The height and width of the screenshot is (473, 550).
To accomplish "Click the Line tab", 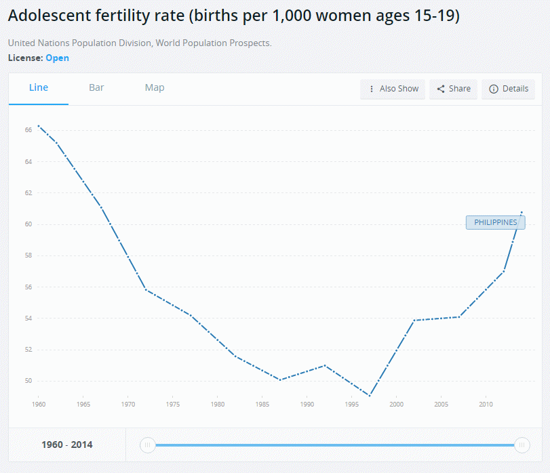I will (39, 87).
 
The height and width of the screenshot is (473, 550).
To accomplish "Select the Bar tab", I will (96, 87).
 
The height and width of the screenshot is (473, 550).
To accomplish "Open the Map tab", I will (155, 87).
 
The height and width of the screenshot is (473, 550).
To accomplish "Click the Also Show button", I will (393, 89).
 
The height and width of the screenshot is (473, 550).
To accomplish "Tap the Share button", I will (453, 89).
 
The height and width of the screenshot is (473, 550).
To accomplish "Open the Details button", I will (508, 89).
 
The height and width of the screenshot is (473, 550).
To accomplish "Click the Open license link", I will (58, 58).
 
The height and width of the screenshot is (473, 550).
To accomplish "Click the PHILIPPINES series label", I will (495, 222).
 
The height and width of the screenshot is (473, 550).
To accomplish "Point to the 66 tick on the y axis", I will (28, 129).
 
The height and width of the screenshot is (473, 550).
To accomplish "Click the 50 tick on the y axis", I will (28, 381).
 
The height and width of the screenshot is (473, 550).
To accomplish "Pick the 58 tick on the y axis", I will (28, 255).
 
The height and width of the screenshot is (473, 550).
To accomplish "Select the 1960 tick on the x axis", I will (38, 405).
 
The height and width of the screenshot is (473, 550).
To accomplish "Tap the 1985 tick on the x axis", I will (262, 405).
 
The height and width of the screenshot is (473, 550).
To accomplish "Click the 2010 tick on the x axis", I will (486, 405).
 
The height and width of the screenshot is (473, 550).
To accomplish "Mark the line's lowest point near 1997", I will (370, 396).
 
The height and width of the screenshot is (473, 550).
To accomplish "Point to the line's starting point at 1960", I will (39, 125).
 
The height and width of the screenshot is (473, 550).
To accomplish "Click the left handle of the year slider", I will (147, 445).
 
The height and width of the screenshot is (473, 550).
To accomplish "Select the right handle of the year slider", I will (522, 445).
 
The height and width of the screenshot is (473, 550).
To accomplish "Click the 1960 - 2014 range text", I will (67, 445).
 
